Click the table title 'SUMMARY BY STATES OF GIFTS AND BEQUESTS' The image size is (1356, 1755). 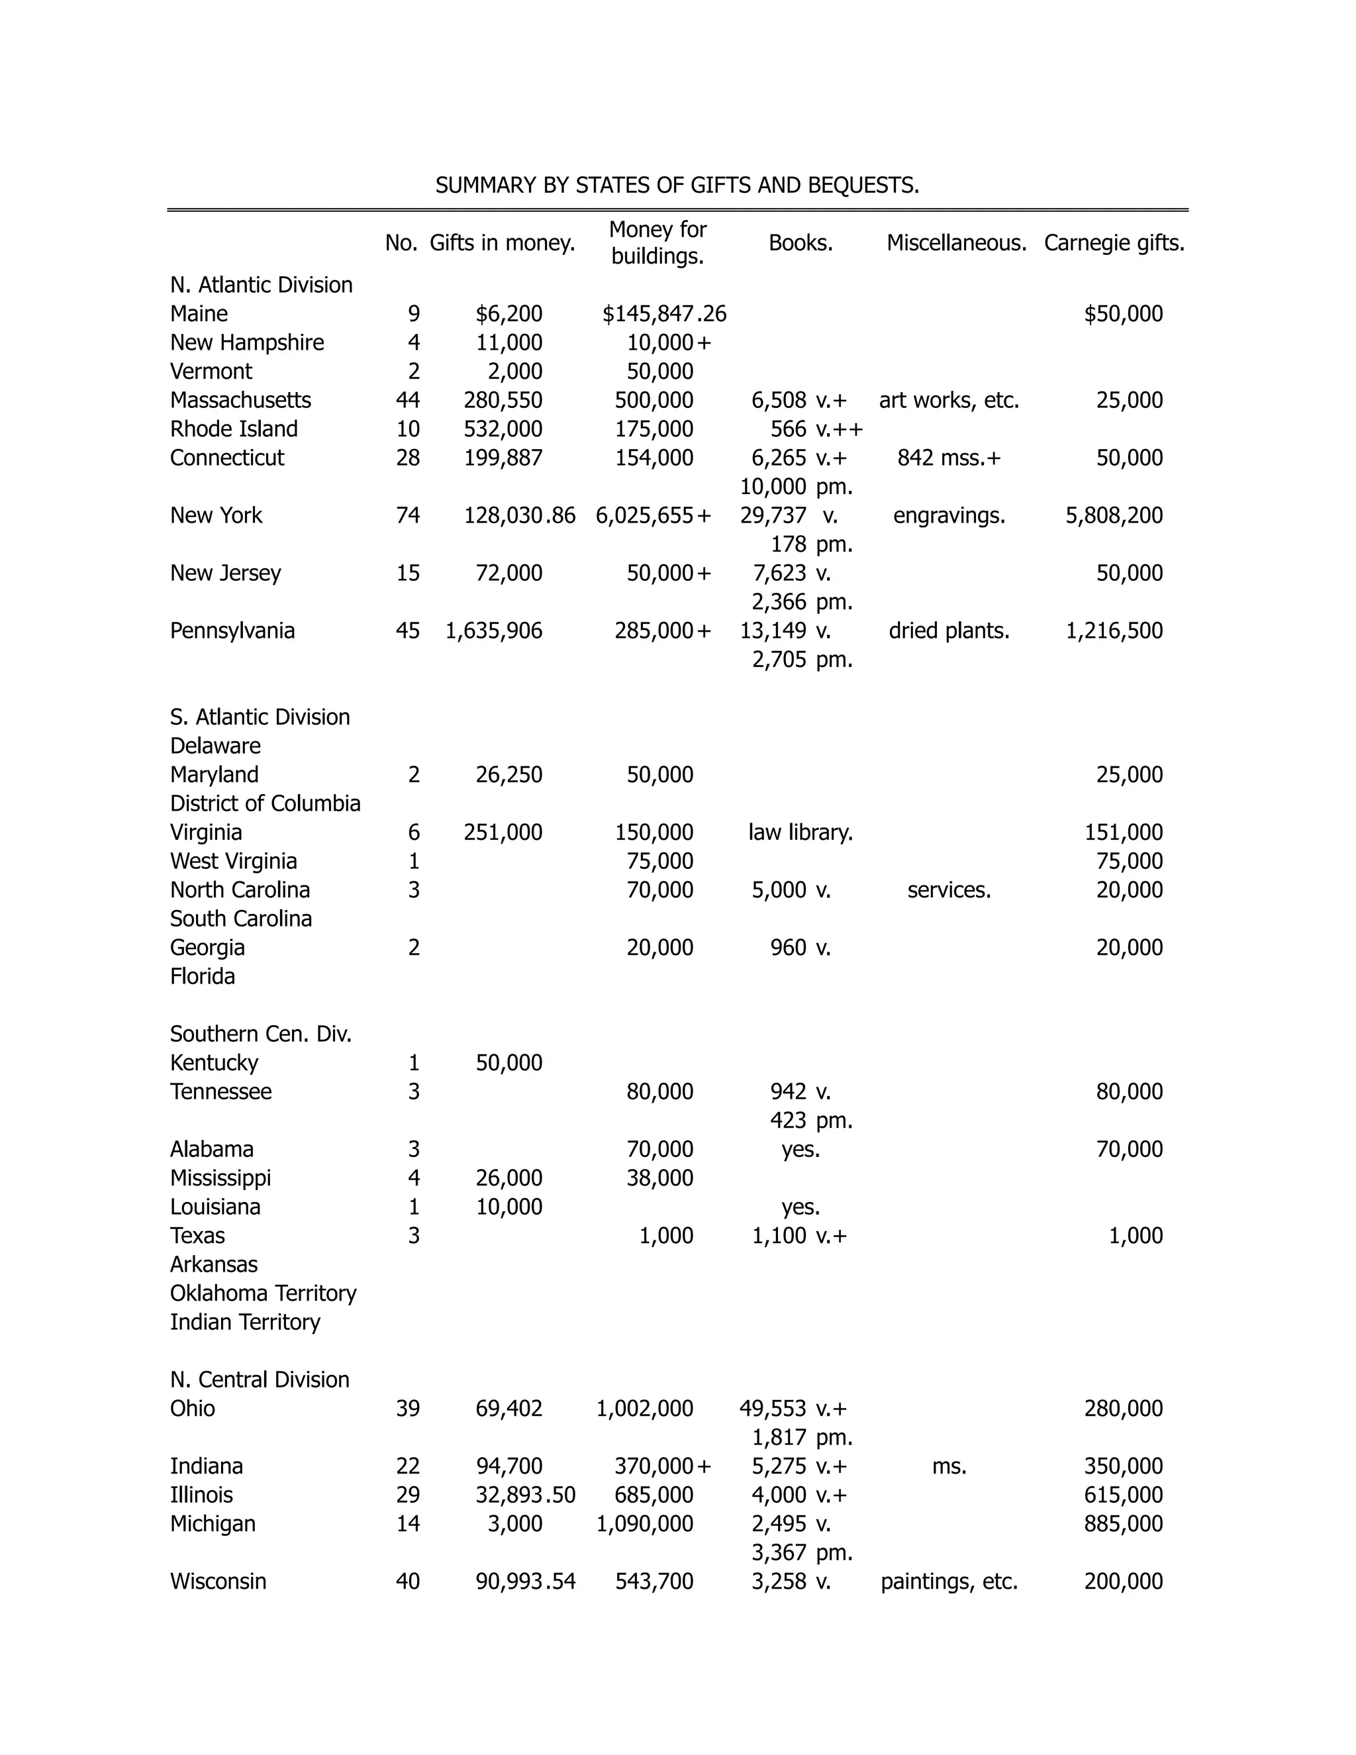point(677,185)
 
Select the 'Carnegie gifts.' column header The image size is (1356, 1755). point(1114,242)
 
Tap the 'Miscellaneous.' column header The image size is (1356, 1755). point(956,242)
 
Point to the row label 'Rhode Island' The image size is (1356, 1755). point(234,429)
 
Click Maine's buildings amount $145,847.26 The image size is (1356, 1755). point(663,314)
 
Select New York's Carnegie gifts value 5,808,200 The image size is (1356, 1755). point(1114,516)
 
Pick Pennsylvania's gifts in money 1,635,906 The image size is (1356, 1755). point(493,630)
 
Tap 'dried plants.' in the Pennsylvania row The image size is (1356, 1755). point(949,630)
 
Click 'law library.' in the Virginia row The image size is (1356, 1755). point(800,832)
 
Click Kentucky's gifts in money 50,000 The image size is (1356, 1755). point(508,1063)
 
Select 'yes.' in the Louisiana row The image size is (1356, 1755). point(800,1207)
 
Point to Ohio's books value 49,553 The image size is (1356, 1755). point(772,1409)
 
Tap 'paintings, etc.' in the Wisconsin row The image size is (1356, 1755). point(949,1581)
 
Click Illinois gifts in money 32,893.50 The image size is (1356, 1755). point(525,1495)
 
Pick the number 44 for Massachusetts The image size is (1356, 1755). point(407,400)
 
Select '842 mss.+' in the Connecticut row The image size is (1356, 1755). point(949,458)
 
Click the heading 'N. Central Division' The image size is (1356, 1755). point(260,1379)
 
